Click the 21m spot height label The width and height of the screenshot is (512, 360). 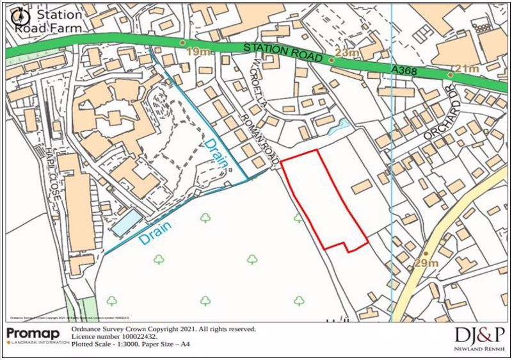[467, 69]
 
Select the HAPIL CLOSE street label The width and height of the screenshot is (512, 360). [54, 172]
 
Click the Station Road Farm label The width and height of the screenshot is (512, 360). [48, 21]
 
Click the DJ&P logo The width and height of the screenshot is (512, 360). [480, 334]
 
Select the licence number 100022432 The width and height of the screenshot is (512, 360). [134, 336]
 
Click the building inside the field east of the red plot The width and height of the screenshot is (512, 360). [362, 186]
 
